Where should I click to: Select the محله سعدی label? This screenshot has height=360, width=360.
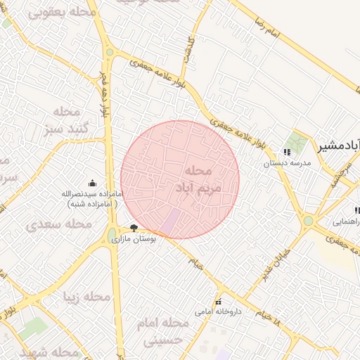(x=59, y=224)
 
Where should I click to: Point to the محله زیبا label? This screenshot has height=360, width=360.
(x=87, y=297)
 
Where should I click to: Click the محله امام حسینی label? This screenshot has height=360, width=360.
(x=166, y=330)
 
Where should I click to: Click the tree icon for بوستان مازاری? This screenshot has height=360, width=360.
(x=134, y=228)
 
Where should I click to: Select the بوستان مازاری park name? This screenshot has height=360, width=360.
(x=133, y=239)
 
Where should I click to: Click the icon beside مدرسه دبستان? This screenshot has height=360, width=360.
(x=286, y=151)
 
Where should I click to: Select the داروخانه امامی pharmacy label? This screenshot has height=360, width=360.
(x=219, y=310)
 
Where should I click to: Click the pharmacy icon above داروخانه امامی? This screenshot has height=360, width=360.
(x=218, y=300)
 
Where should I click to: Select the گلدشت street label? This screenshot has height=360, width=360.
(x=188, y=50)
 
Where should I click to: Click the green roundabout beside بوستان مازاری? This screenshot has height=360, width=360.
(x=112, y=234)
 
